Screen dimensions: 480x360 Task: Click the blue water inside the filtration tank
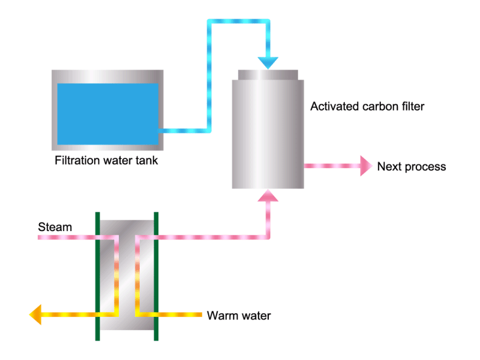tap(108, 114)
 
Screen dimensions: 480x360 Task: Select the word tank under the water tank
tap(146, 160)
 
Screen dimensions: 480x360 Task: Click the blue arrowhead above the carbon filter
tap(268, 63)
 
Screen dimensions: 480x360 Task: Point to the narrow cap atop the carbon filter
tap(268, 74)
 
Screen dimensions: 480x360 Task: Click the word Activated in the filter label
tap(335, 107)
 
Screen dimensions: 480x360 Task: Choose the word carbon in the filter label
tap(380, 107)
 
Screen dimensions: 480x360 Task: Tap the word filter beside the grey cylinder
tap(413, 107)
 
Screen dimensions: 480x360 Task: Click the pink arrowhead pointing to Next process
tap(366, 166)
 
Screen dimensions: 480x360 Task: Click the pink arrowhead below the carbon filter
tap(268, 196)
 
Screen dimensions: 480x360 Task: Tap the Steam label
tap(55, 227)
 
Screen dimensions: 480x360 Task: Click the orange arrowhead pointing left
tap(35, 314)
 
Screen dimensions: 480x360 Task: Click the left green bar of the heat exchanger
tap(98, 276)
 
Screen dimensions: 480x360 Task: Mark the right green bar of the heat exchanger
tap(156, 276)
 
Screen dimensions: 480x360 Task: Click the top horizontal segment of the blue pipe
tap(238, 21)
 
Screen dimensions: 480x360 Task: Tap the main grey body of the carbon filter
tap(268, 134)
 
